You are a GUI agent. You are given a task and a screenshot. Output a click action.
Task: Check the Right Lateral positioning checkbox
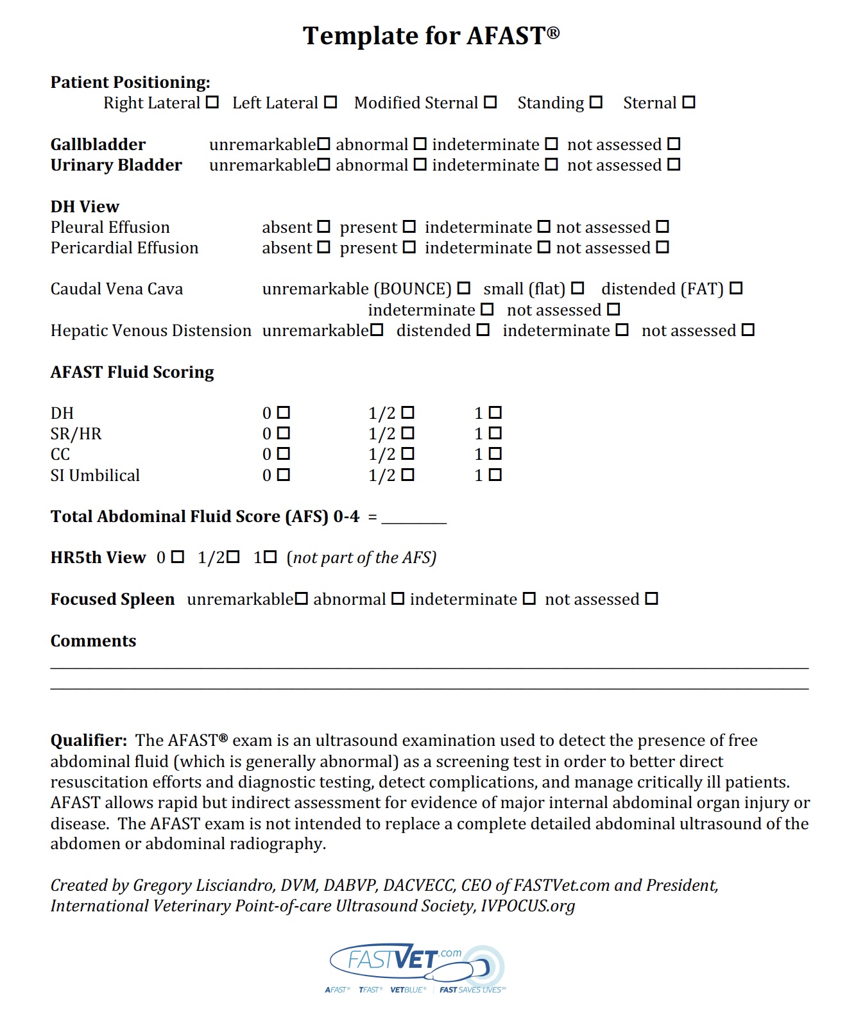click(212, 103)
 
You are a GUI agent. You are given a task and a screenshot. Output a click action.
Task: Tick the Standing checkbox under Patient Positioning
click(596, 103)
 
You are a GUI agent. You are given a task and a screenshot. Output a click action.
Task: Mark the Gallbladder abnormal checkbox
click(420, 144)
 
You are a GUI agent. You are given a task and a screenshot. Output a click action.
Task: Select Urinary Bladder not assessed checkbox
click(674, 165)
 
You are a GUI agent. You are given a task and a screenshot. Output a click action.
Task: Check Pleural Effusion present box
click(409, 227)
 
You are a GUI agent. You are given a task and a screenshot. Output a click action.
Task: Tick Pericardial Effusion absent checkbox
click(324, 248)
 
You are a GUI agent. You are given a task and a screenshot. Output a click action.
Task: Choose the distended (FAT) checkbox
click(736, 289)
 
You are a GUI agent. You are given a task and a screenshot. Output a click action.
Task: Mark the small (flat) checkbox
click(578, 289)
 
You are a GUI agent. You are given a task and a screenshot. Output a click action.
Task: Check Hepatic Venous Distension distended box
click(483, 330)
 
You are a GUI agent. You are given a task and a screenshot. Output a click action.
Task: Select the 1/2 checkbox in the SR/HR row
click(408, 434)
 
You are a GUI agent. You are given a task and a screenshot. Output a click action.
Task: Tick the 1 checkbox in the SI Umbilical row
click(495, 475)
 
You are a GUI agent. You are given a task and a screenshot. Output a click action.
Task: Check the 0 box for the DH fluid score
click(284, 413)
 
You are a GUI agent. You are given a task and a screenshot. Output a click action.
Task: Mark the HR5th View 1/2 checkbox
click(234, 557)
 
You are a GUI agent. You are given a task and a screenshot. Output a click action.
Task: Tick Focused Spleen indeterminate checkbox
click(529, 599)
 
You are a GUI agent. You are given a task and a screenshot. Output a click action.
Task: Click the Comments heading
click(93, 641)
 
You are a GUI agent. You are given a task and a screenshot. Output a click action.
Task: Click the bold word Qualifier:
click(89, 740)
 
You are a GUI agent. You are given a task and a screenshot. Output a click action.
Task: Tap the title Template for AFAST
click(431, 36)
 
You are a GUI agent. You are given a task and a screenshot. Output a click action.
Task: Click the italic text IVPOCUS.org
click(527, 906)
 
